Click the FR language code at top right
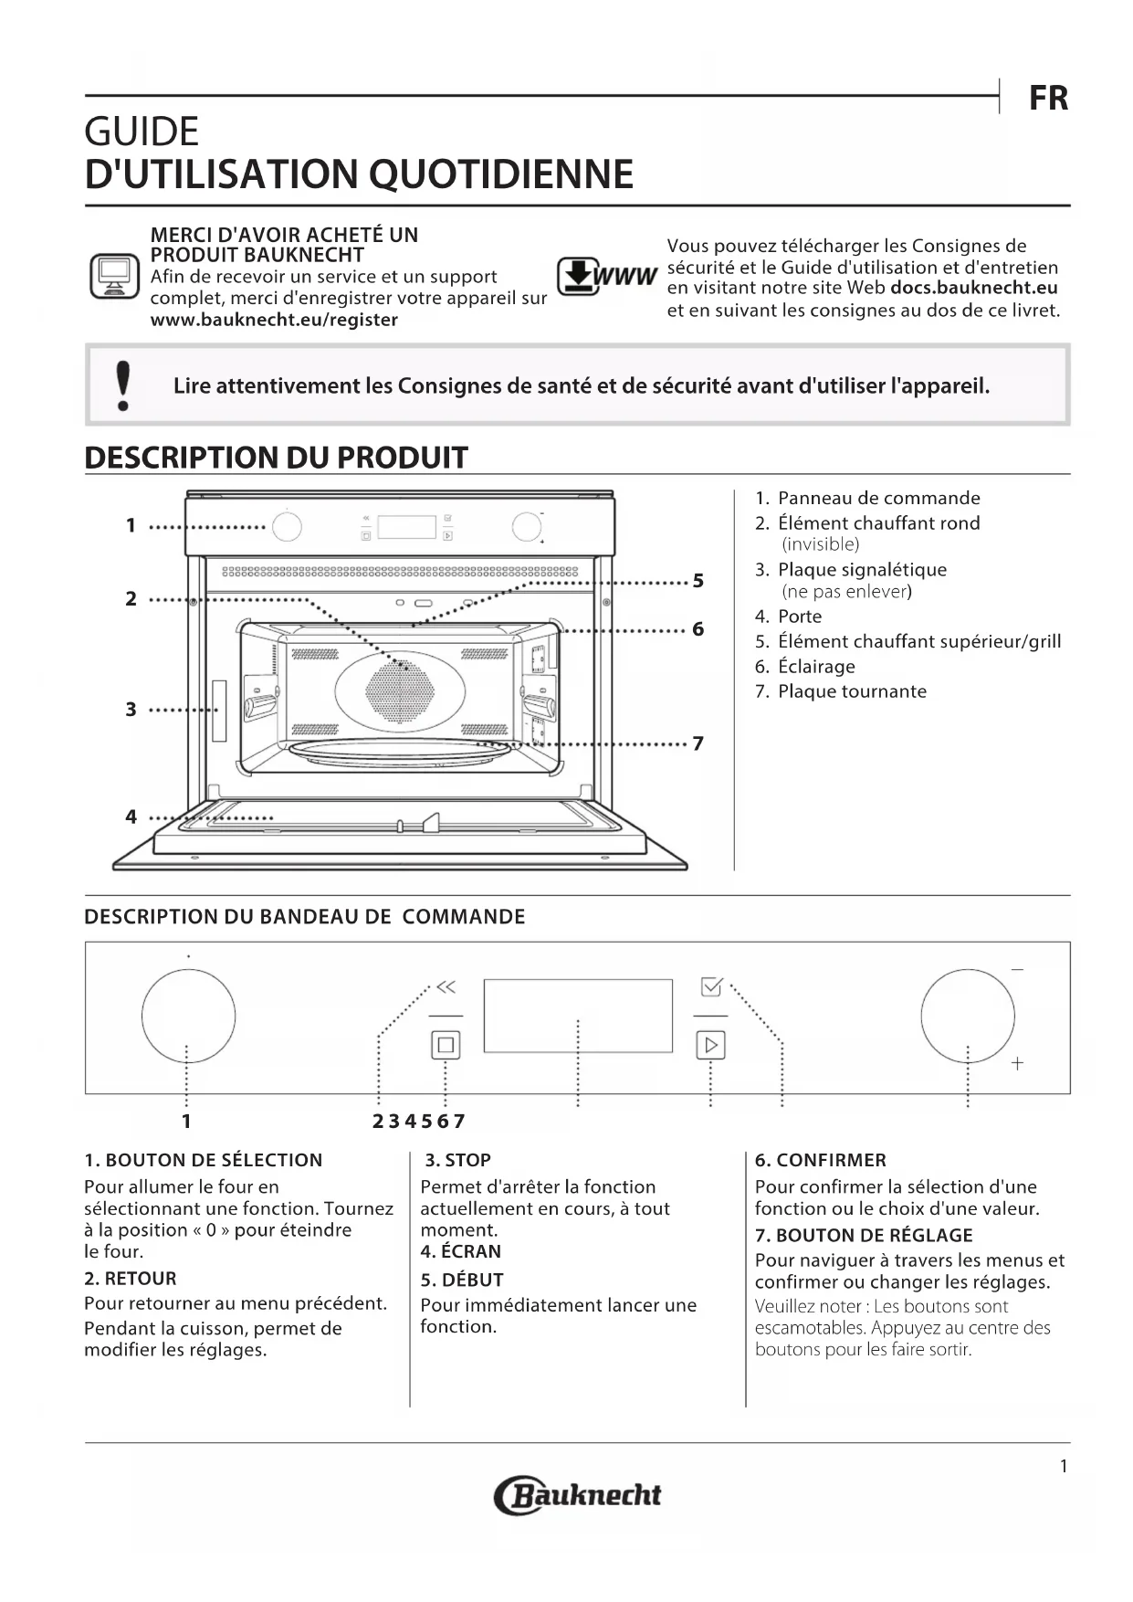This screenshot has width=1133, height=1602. point(1048,98)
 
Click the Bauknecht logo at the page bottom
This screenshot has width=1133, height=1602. point(577,1495)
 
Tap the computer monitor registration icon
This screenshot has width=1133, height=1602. point(114,276)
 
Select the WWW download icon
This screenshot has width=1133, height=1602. point(606,276)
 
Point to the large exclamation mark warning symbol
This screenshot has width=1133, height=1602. point(123,385)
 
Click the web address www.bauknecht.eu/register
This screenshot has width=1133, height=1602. point(274,320)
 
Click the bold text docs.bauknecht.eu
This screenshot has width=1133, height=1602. point(973,288)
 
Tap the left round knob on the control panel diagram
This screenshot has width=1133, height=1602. point(188,1017)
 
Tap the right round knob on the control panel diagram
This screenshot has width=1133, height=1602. point(967,1017)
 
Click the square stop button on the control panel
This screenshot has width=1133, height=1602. point(446,1045)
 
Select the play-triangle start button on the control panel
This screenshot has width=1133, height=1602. point(710,1045)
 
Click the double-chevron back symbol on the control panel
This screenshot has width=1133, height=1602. point(446,987)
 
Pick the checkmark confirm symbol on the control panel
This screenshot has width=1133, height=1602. point(711,987)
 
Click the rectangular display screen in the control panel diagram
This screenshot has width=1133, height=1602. point(577,1016)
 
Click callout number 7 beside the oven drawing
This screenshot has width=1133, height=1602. point(698,743)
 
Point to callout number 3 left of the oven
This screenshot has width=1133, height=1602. point(131,710)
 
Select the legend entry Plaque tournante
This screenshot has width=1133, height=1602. point(851,691)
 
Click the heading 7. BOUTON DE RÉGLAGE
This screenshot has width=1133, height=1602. point(863,1235)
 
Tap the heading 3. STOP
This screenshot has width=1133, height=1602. point(458,1160)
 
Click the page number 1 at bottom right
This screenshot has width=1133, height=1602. point(1063,1466)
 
